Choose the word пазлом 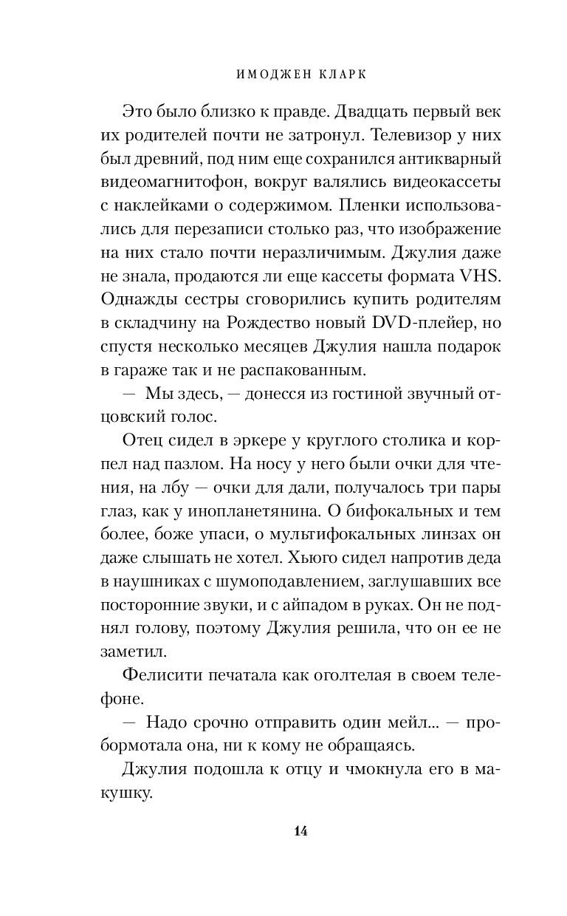point(189,465)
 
